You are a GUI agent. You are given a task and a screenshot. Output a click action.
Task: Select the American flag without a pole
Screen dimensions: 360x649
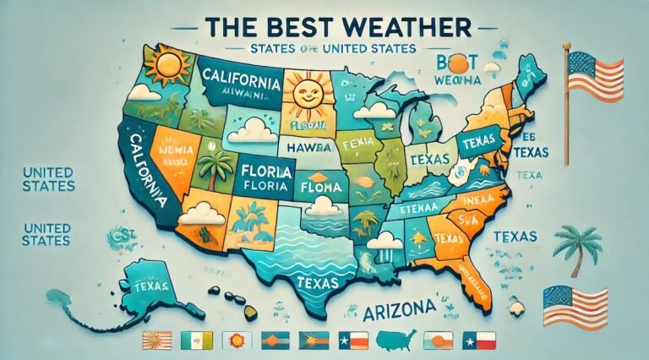point(575,307)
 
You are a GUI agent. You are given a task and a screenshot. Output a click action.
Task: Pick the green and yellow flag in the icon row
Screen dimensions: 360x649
point(194,341)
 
